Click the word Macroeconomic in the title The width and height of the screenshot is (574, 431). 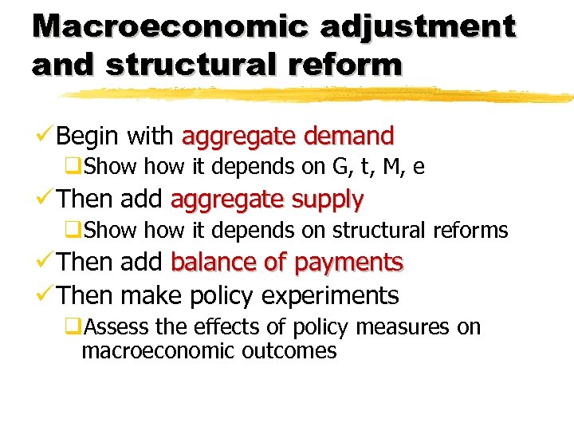[170, 26]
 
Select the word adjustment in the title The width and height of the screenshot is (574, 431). [419, 26]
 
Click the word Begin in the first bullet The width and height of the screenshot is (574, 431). [88, 136]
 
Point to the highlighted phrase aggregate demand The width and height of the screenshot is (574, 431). [288, 136]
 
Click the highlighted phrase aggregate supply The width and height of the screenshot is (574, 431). [267, 199]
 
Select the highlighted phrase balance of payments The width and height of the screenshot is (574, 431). [287, 262]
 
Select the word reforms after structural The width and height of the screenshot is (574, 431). [470, 231]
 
